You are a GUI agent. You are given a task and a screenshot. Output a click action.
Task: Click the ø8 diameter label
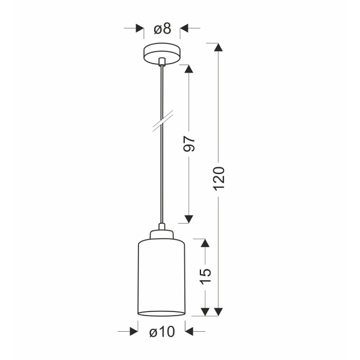pos(162,28)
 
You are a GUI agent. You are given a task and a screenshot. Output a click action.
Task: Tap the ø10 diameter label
pos(161,331)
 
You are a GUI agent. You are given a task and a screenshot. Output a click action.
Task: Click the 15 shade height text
pos(206,275)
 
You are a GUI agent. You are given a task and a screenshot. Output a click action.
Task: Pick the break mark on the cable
pos(162,119)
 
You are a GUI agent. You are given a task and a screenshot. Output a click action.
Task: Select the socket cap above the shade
pos(162,232)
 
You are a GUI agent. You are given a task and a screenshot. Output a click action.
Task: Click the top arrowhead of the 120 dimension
pos(218,47)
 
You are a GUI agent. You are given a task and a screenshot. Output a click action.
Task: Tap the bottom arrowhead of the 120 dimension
pos(218,311)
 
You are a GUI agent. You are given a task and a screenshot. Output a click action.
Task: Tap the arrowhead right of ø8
pos(184,28)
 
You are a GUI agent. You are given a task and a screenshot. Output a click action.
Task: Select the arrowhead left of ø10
pos(134,331)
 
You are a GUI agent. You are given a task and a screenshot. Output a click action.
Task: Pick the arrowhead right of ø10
pos(190,331)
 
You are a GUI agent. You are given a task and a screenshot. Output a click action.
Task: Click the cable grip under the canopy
pos(162,61)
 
